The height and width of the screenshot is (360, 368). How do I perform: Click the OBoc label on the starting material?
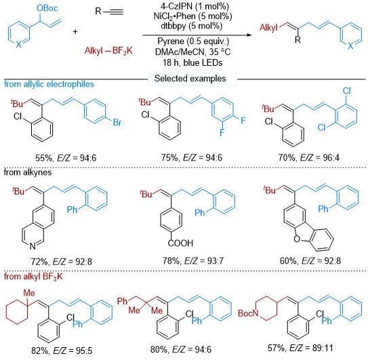pos(47,8)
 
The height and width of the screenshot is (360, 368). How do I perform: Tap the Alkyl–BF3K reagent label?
pos(108,51)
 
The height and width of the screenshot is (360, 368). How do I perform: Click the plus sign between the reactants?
pos(75,31)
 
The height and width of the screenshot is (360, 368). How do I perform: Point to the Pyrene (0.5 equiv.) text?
pos(193,41)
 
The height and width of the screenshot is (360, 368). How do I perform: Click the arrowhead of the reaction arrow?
pos(249,35)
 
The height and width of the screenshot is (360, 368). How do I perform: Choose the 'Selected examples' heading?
pos(190,79)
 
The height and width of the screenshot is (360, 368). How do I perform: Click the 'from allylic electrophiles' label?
pos(49,84)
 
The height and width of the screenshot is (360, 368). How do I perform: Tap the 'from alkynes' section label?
pos(28,172)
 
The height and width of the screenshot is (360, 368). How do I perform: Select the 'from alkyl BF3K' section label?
pos(33,277)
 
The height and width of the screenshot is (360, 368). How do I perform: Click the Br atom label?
pos(117,122)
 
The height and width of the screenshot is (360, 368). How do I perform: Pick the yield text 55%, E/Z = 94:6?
pos(66,158)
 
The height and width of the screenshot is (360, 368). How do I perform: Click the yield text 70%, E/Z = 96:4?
pos(309,157)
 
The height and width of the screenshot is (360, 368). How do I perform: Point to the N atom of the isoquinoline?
pos(33,246)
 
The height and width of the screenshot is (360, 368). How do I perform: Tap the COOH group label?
pos(180,243)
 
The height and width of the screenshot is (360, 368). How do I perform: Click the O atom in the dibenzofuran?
pos(297,239)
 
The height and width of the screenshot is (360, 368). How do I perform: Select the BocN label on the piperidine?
pos(248,313)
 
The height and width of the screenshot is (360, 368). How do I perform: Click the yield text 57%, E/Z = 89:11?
pos(300,348)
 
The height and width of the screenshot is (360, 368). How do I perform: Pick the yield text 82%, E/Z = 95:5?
pos(62,351)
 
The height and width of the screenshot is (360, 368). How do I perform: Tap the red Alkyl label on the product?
pos(268,28)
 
